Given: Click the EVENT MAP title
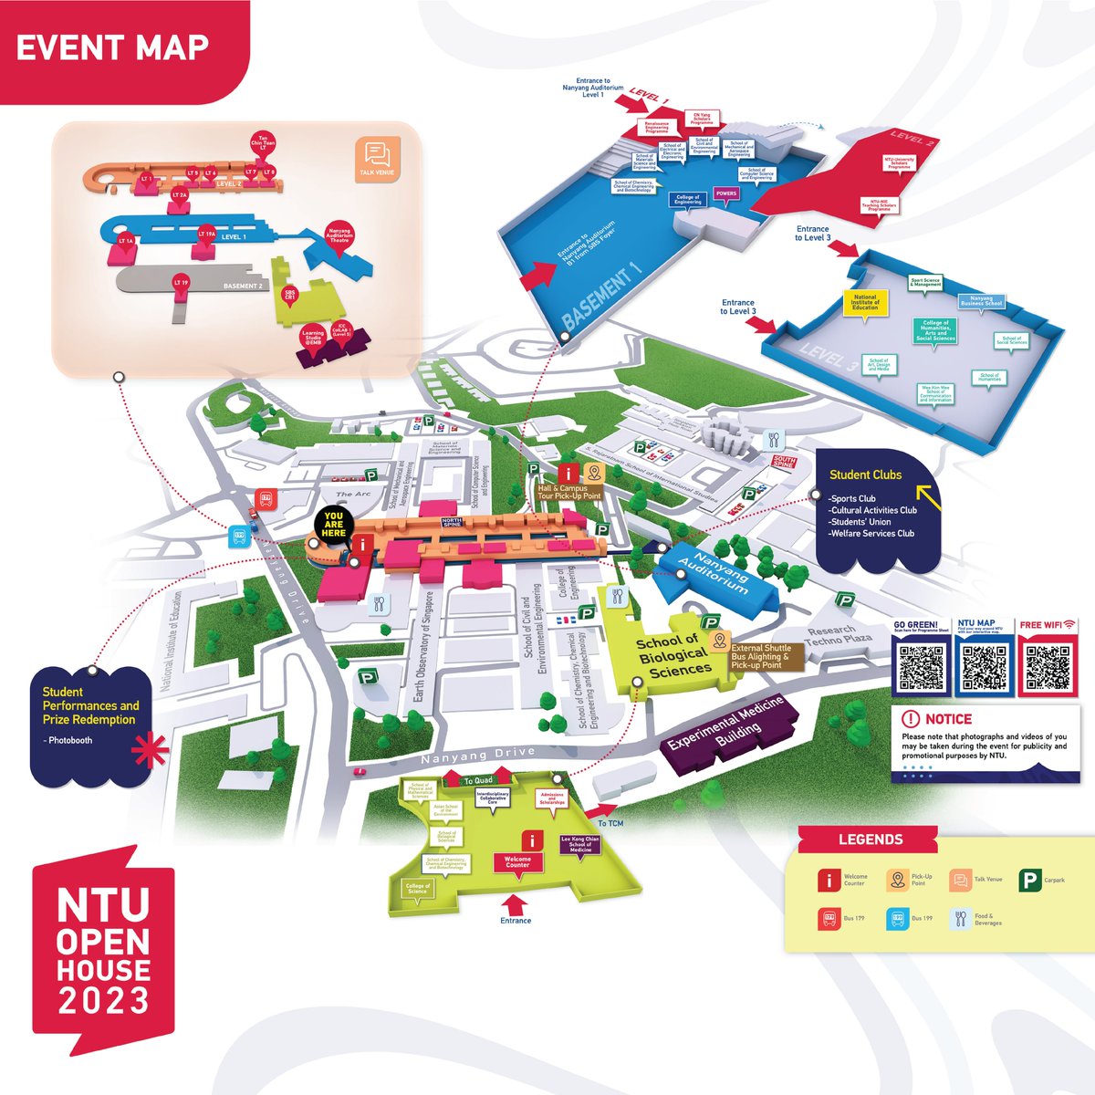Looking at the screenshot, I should coord(112,47).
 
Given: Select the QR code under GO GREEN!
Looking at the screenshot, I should coord(922,667).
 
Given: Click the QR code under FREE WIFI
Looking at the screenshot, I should coord(1048,667).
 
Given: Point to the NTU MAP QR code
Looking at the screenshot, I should coord(985,667).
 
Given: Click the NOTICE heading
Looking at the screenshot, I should coord(948,719).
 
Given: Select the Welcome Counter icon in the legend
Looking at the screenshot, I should coord(828,881).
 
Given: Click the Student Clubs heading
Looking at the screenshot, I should coord(865,474).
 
